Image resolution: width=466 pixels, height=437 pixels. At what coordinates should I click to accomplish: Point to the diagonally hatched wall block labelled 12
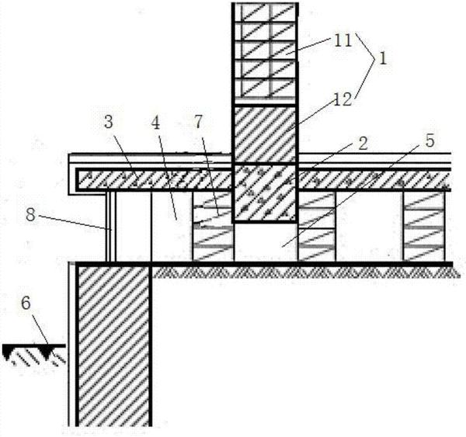(x=264, y=134)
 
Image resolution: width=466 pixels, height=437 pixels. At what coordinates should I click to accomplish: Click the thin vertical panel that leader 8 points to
(x=112, y=227)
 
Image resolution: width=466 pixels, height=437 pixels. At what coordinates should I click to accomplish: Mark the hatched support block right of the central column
(x=316, y=226)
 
